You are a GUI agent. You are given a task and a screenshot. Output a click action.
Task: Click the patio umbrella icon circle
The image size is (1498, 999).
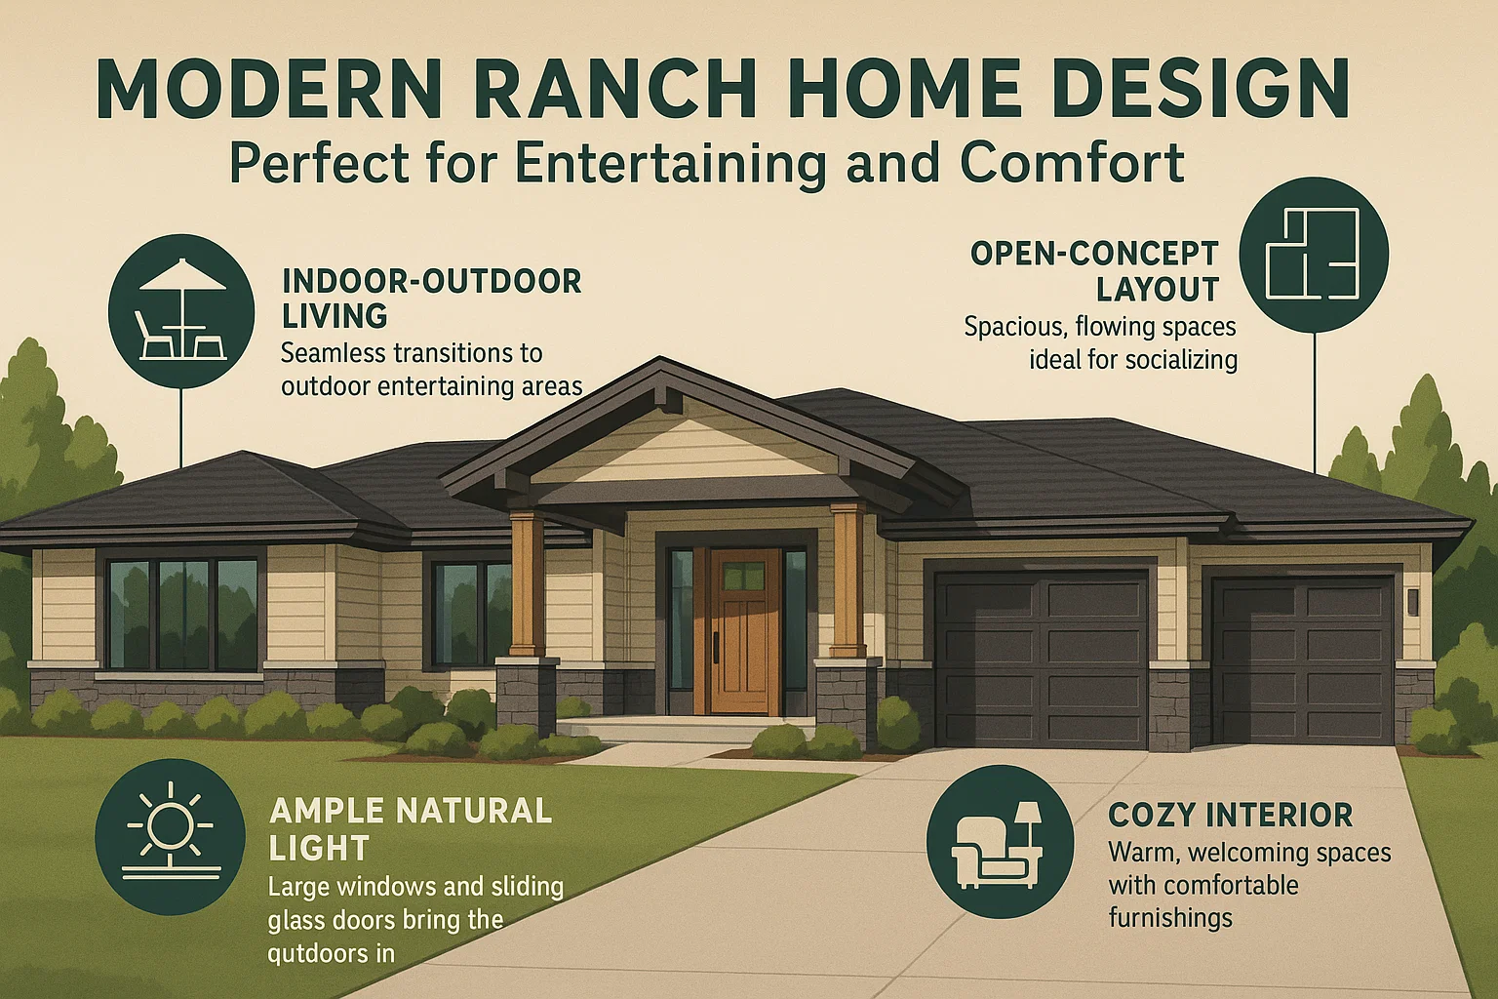pyautogui.click(x=181, y=312)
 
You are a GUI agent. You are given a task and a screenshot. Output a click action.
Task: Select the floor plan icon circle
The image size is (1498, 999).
pyautogui.click(x=1313, y=252)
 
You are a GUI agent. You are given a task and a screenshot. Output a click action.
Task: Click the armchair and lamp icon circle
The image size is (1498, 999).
pyautogui.click(x=1000, y=841)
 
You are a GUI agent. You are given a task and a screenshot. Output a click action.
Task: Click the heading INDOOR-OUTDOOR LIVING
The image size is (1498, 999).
pyautogui.click(x=431, y=299)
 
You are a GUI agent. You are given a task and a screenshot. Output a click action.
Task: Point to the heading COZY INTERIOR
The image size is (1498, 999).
pyautogui.click(x=1230, y=815)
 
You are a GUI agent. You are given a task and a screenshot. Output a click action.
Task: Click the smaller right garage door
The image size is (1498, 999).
pyautogui.click(x=1301, y=659)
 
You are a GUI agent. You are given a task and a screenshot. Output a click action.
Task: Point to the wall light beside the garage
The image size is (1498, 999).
pyautogui.click(x=1412, y=600)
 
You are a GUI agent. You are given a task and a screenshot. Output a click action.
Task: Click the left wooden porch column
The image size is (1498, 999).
pyautogui.click(x=527, y=582)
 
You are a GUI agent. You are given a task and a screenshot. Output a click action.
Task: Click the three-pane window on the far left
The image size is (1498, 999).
pyautogui.click(x=182, y=615)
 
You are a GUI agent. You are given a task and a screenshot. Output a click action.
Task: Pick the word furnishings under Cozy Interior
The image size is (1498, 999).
pyautogui.click(x=1169, y=918)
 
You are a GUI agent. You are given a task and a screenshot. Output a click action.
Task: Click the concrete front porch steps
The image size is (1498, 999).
pyautogui.click(x=683, y=729)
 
